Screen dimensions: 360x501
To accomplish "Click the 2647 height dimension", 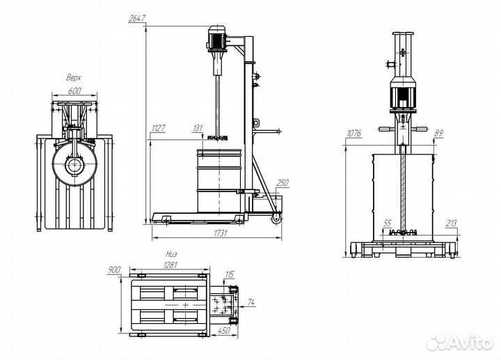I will pyautogui.click(x=137, y=19).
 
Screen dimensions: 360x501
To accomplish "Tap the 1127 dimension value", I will pyautogui.click(x=159, y=128).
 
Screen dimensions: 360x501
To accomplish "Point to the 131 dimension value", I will pyautogui.click(x=198, y=128).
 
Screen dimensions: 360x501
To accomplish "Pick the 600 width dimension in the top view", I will pyautogui.click(x=74, y=91).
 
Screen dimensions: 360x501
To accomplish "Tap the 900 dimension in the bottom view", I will pyautogui.click(x=114, y=269).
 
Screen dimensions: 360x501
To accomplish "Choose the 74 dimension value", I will pyautogui.click(x=251, y=302).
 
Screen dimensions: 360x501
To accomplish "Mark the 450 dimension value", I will pyautogui.click(x=225, y=331).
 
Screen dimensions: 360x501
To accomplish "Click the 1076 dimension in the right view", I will pyautogui.click(x=354, y=132).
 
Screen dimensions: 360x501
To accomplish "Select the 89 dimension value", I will pyautogui.click(x=438, y=132).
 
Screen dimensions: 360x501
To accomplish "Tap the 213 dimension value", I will pyautogui.click(x=451, y=224).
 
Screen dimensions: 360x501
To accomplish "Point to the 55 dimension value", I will pyautogui.click(x=388, y=223).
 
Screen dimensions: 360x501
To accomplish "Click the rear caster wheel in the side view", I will pyautogui.click(x=276, y=219).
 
